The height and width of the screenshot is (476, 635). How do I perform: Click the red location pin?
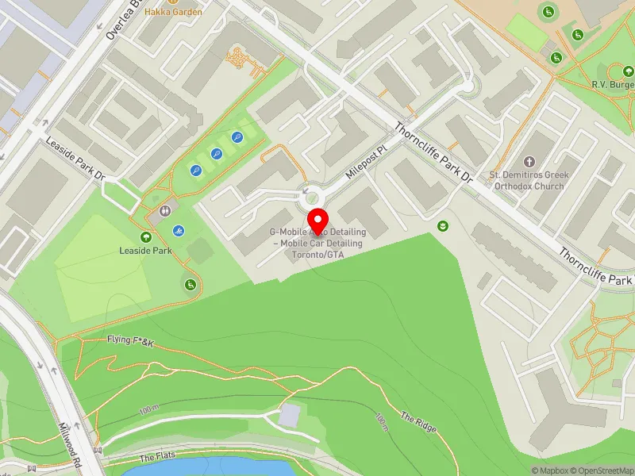pos(317,220)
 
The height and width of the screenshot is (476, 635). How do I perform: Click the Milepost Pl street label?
pos(364,161)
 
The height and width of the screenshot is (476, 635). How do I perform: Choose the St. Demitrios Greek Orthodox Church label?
pos(526,180)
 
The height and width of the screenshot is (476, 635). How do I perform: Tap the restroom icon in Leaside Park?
pos(164,211)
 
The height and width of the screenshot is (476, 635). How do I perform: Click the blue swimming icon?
pos(179,231)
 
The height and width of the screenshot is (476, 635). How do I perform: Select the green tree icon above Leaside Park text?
pos(146,236)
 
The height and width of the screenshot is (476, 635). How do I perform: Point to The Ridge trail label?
pos(418,422)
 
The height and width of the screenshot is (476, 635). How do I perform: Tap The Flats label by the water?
pos(157,458)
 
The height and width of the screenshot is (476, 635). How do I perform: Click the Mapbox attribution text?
pos(549,470)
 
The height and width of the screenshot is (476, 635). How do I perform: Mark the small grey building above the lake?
pos(291,414)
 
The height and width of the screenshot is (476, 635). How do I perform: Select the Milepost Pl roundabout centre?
pos(310,193)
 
